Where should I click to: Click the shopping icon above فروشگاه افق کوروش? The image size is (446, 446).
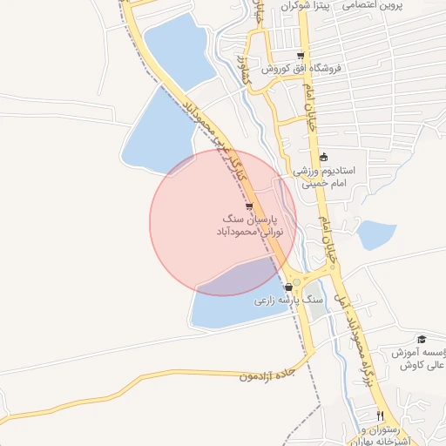(301, 56)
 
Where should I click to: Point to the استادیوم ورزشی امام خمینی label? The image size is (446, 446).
(324, 178)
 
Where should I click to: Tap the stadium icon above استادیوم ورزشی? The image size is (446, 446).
(324, 158)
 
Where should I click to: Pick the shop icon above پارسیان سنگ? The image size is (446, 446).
(250, 206)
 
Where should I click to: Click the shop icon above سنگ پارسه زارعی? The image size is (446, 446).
(288, 287)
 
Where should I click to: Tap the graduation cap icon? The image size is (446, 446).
(422, 339)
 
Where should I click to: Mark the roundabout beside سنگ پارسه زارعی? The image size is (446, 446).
(297, 281)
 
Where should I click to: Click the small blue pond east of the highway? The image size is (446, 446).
(376, 233)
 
